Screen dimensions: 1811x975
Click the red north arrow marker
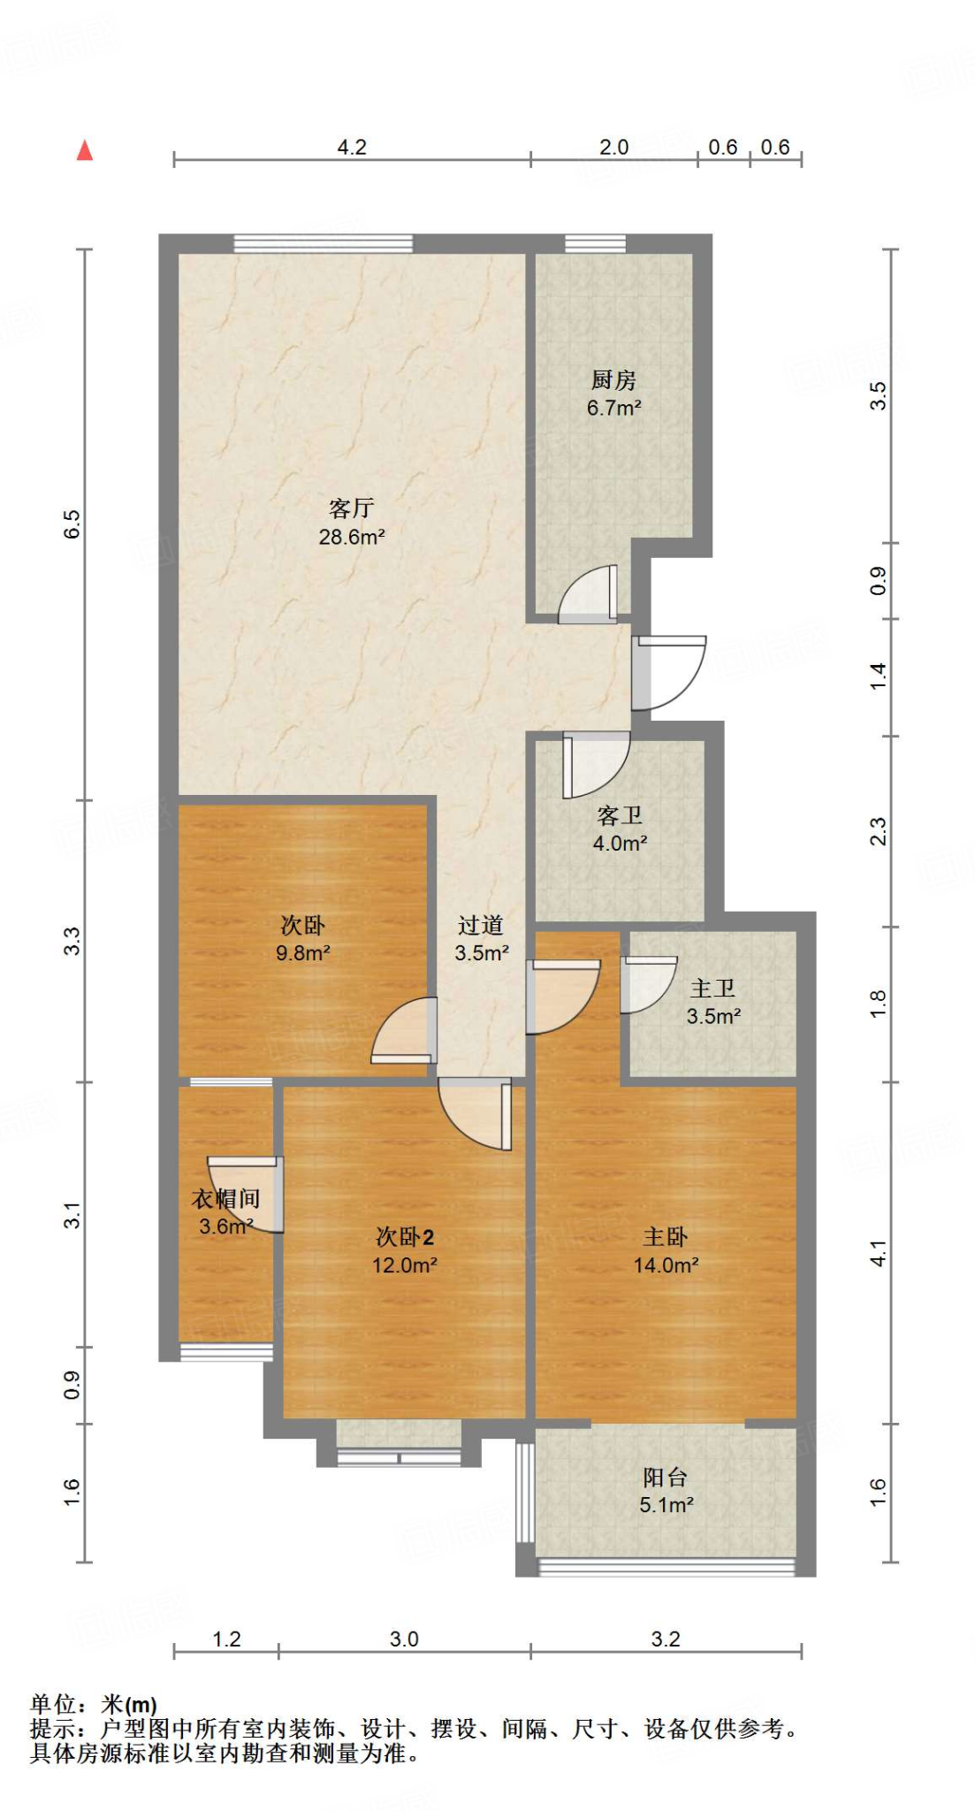pos(85,150)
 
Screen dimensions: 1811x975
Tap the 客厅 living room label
pos(351,508)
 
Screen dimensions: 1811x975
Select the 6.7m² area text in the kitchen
pos(613,409)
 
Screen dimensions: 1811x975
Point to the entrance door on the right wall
pos(667,672)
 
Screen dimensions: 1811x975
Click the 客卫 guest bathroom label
pos(620,815)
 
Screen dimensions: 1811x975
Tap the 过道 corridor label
pos(481,925)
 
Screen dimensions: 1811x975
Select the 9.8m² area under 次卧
pos(302,953)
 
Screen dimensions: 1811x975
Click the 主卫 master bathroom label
pos(712,989)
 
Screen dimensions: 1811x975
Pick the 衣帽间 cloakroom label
pos(225,1199)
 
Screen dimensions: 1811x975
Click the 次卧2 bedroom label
pos(405,1237)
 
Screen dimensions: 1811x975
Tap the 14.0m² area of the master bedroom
pos(666,1265)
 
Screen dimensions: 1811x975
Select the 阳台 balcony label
pos(665,1477)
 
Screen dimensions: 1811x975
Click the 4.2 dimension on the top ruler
pos(352,147)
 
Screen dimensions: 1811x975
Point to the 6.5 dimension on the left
pos(72,523)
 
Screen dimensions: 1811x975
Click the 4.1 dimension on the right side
pos(878,1253)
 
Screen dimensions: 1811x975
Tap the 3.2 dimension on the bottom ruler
pos(666,1639)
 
